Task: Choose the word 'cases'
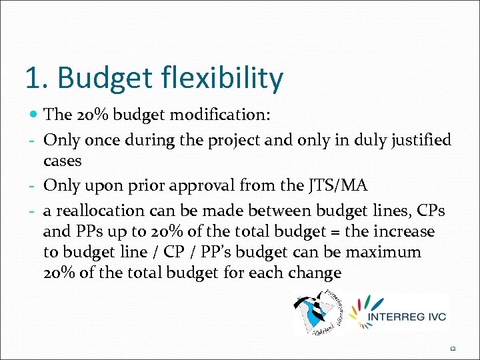click(62, 161)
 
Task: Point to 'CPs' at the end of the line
click(429, 211)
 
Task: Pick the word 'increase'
click(403, 232)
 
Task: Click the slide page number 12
click(453, 347)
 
